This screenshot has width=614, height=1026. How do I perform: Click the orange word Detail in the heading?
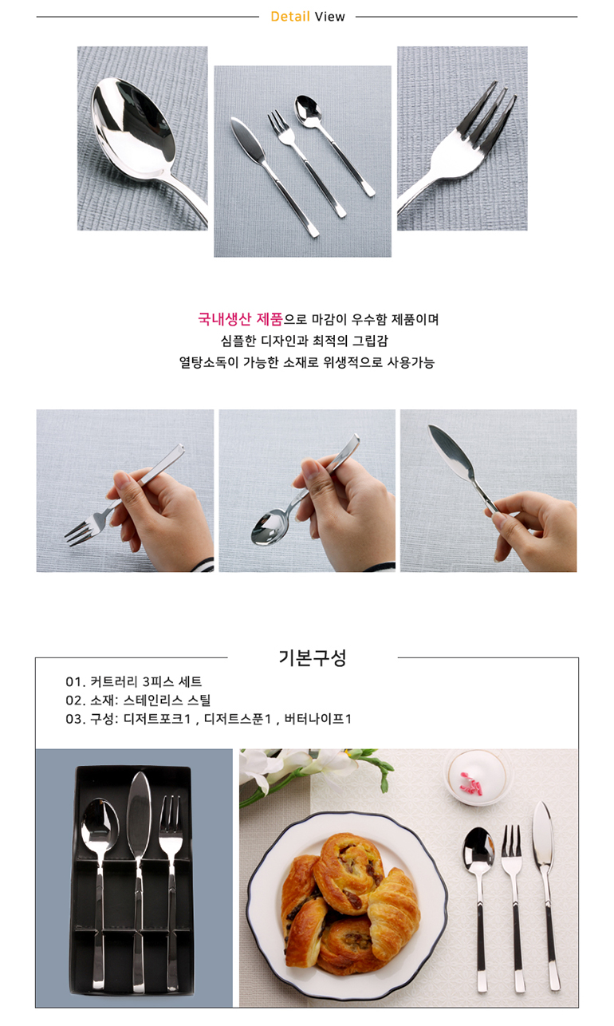click(x=290, y=17)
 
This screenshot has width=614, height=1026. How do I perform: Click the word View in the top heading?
click(x=329, y=17)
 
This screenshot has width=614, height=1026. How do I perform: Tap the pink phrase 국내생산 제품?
click(x=240, y=319)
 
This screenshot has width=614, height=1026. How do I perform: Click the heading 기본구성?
click(x=313, y=657)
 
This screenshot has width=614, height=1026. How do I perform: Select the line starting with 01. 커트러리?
click(x=134, y=681)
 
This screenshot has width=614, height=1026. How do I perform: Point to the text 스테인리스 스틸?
click(x=167, y=700)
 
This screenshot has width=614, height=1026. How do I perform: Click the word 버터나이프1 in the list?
click(x=317, y=719)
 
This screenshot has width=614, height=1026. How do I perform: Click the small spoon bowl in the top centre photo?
click(x=307, y=110)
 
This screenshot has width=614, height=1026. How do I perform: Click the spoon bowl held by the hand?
click(x=270, y=527)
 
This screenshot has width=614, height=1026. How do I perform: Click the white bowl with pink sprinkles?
click(x=477, y=777)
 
